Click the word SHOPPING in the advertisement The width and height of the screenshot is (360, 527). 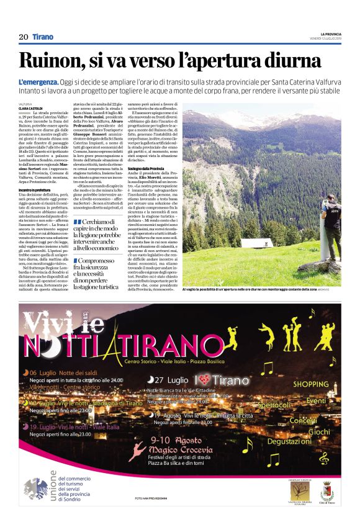click(x=311, y=384)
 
